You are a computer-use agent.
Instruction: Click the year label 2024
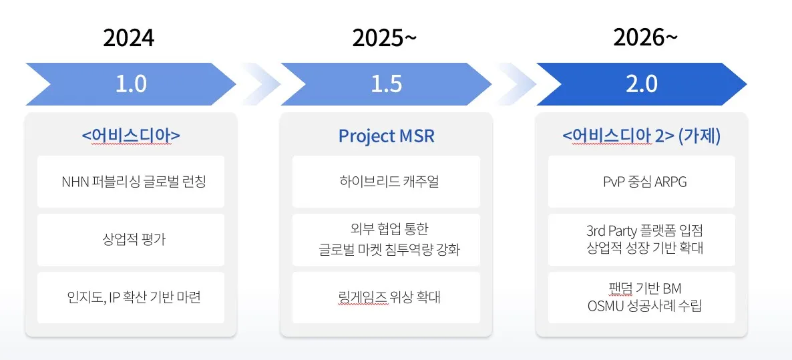(x=128, y=38)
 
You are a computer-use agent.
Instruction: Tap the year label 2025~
(x=384, y=38)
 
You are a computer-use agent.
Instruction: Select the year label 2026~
(x=644, y=38)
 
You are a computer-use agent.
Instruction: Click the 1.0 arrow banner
(x=131, y=84)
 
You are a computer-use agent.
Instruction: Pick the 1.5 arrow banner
(x=386, y=84)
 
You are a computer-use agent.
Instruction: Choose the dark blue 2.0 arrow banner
(x=642, y=84)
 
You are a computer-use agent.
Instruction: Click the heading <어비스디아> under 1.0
(x=131, y=136)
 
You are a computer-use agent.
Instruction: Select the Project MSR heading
(x=386, y=136)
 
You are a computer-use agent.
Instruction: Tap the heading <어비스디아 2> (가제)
(x=641, y=136)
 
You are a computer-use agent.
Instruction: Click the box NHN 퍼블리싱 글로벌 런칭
(x=131, y=182)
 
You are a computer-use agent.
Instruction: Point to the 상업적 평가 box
(x=131, y=240)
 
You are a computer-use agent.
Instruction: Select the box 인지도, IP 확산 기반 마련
(x=131, y=298)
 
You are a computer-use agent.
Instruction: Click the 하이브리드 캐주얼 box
(x=386, y=182)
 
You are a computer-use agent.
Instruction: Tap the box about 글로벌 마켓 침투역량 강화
(x=386, y=240)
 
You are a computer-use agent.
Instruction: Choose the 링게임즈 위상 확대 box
(x=386, y=298)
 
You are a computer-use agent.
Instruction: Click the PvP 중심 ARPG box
(x=641, y=182)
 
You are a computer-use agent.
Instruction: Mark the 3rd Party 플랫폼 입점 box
(x=641, y=240)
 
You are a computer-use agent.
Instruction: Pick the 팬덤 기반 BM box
(x=641, y=298)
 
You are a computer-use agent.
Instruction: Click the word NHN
(x=73, y=182)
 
